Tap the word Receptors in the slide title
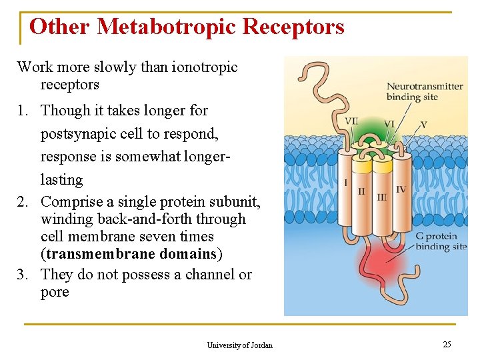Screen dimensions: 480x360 (293, 27)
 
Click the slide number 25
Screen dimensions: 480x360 (447, 344)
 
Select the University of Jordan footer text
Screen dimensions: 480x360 (239, 345)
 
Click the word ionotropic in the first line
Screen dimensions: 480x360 (203, 67)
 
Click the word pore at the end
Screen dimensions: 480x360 (55, 292)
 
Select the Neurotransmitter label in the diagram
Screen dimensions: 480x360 (425, 86)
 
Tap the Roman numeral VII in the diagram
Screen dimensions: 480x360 (351, 121)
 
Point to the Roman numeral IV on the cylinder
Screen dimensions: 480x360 (401, 189)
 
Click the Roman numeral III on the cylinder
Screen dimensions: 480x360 (382, 197)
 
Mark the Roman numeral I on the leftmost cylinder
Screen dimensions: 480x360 (345, 182)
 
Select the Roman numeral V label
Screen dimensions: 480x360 (423, 124)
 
